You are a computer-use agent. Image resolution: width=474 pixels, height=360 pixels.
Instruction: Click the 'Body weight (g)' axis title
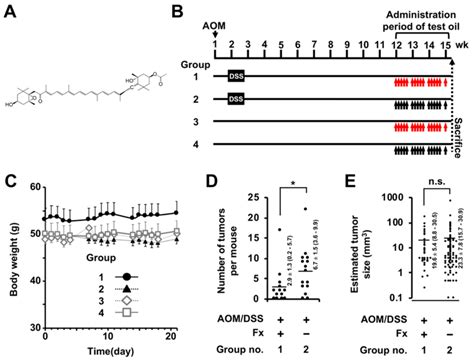click(x=11, y=240)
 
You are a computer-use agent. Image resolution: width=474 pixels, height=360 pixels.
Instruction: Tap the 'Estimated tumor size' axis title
click(x=360, y=240)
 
